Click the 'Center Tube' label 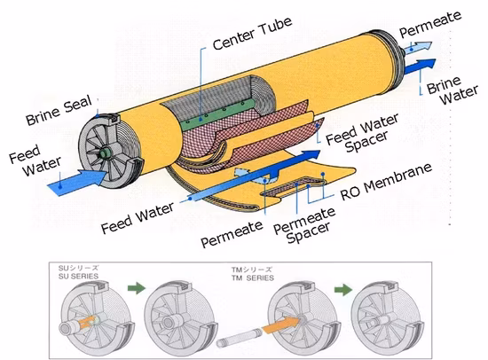252,34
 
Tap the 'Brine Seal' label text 59,110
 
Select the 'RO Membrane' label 386,182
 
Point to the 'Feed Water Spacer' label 362,133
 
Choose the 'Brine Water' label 453,90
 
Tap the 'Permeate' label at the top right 430,24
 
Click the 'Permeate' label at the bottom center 232,233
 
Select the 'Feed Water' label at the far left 35,160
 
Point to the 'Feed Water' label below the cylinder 138,218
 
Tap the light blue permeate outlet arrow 417,47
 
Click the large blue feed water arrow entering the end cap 77,182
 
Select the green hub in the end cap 105,153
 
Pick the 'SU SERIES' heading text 78,276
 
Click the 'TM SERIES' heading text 252,278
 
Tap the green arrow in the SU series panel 137,287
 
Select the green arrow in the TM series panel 343,290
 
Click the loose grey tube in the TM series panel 240,339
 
